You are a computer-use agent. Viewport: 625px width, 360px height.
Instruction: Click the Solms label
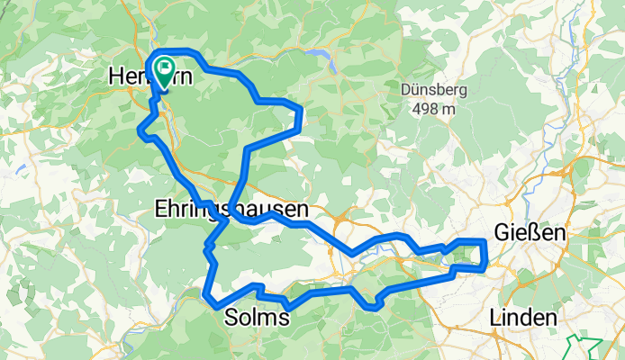(x=256, y=318)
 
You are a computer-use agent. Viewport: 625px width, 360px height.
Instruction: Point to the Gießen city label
(x=530, y=233)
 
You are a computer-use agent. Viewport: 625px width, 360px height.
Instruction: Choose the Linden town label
(x=525, y=318)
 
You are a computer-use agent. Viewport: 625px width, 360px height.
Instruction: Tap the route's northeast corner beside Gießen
(x=485, y=242)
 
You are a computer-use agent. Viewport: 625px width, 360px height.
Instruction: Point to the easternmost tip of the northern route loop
(x=299, y=112)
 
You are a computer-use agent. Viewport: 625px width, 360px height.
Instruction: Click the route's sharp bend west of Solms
(x=208, y=296)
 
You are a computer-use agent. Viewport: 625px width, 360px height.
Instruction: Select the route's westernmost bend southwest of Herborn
(x=140, y=132)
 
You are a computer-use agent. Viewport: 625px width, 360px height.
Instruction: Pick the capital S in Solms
(x=229, y=318)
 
